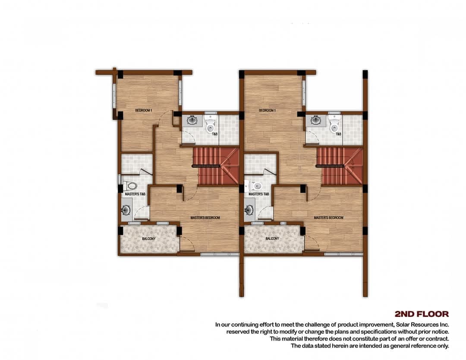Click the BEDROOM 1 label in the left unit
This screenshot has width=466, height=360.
click(144, 110)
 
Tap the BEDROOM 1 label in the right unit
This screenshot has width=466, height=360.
click(267, 110)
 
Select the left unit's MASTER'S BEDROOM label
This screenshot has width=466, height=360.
click(205, 218)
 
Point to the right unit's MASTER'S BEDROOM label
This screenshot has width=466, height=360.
click(329, 218)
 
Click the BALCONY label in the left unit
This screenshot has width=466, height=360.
click(148, 238)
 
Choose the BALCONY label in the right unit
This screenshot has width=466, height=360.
click(272, 238)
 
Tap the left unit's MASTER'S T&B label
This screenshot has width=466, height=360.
click(135, 194)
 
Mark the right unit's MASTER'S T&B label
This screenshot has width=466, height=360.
click(259, 194)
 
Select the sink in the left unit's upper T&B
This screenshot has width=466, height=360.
click(193, 120)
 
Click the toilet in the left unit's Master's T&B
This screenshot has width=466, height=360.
click(129, 186)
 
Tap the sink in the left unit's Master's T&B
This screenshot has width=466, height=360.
click(126, 210)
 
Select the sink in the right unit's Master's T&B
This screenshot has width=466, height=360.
click(249, 210)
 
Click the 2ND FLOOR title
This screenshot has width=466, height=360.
click(422, 314)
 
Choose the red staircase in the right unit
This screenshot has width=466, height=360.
click(340, 166)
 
